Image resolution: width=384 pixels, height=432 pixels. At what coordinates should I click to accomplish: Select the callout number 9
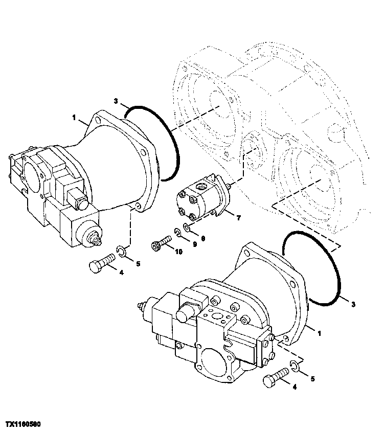(x=195, y=244)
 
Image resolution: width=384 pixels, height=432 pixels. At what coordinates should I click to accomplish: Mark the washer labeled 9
(x=177, y=234)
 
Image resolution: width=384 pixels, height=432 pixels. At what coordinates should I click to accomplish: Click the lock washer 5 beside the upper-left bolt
(x=121, y=251)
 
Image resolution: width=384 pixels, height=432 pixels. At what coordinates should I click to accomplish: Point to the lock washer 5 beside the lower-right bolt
(x=293, y=365)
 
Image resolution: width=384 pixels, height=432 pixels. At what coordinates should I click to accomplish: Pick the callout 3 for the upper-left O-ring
(x=116, y=101)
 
